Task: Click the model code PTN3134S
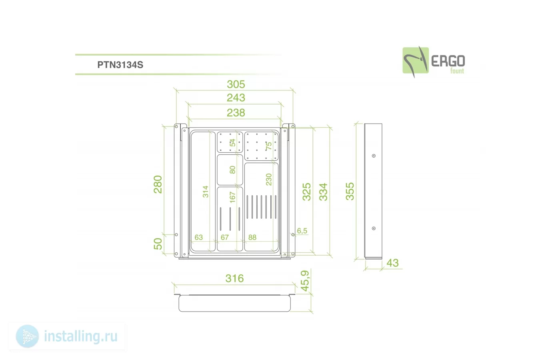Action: click(120, 65)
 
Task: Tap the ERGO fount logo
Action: click(434, 62)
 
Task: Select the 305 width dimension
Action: click(236, 84)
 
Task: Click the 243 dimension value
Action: click(236, 98)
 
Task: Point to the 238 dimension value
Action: click(236, 113)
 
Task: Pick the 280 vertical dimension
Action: click(158, 184)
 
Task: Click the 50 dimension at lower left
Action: click(158, 244)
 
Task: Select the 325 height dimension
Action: click(307, 192)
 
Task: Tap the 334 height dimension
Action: click(323, 192)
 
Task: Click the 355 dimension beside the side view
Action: click(350, 192)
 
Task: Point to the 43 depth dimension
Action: click(392, 263)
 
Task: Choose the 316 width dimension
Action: click(234, 278)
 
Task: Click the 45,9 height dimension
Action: click(305, 281)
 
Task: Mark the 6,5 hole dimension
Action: click(302, 231)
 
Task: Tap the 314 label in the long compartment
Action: click(206, 192)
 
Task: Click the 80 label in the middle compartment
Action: click(232, 170)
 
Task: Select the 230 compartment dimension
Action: click(269, 180)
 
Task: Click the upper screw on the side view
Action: click(374, 156)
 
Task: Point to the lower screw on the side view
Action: click(374, 228)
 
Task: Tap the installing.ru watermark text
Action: click(81, 336)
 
